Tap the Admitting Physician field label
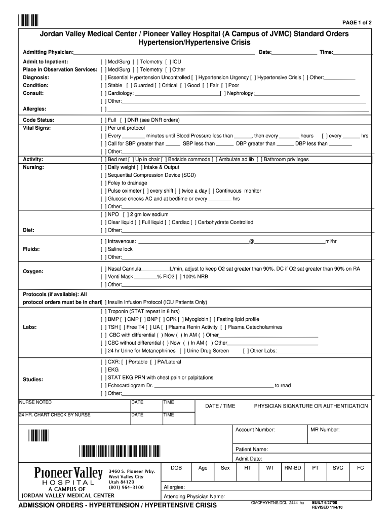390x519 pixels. point(48,53)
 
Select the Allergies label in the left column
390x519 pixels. point(34,109)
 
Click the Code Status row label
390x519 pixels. point(38,120)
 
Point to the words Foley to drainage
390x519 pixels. point(127,183)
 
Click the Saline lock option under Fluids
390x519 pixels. point(120,249)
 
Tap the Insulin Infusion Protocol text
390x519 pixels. point(157,302)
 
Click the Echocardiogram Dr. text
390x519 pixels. point(130,386)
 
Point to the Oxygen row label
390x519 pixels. point(33,272)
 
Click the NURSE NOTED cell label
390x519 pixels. point(35,402)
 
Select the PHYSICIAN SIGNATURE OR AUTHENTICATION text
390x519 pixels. point(310,406)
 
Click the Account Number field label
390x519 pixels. point(255,430)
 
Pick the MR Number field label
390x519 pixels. point(325,430)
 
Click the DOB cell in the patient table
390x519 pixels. point(176,468)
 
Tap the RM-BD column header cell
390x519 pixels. point(292,468)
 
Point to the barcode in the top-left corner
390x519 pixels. point(29,20)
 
